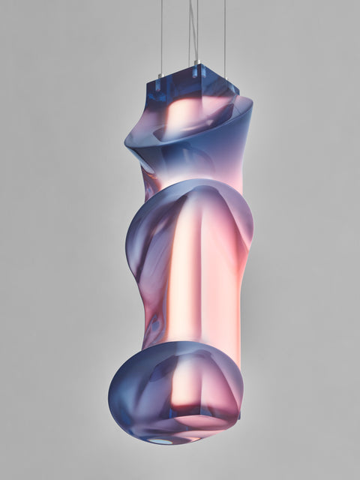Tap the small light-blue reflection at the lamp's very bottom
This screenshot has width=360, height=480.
[x=160, y=440]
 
